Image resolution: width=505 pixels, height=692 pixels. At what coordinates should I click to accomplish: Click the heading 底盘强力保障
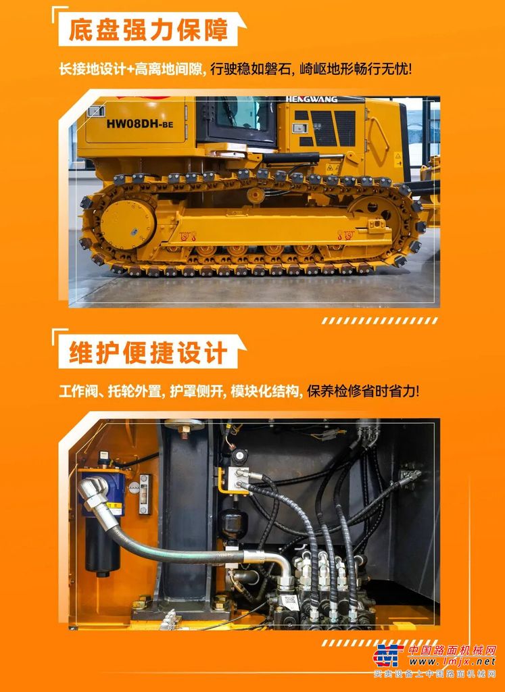(148, 30)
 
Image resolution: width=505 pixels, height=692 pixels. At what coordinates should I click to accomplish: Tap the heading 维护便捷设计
(148, 352)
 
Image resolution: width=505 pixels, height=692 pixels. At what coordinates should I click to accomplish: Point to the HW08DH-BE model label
(139, 124)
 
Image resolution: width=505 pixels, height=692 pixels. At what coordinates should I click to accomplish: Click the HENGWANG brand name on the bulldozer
(312, 99)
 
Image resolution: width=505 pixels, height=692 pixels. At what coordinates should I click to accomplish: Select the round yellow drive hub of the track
(128, 224)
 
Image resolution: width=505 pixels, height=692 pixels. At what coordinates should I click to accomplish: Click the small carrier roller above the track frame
(256, 195)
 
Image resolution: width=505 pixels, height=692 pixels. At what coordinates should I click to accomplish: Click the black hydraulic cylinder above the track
(291, 158)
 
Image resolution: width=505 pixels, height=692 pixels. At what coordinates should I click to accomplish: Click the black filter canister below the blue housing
(102, 546)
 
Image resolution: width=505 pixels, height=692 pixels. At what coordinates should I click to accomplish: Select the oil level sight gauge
(145, 494)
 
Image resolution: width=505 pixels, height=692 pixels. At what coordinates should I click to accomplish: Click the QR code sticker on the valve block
(290, 600)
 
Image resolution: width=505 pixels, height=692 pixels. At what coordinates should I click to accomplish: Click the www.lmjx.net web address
(452, 661)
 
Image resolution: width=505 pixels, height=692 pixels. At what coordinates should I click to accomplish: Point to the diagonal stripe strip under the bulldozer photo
(380, 321)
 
